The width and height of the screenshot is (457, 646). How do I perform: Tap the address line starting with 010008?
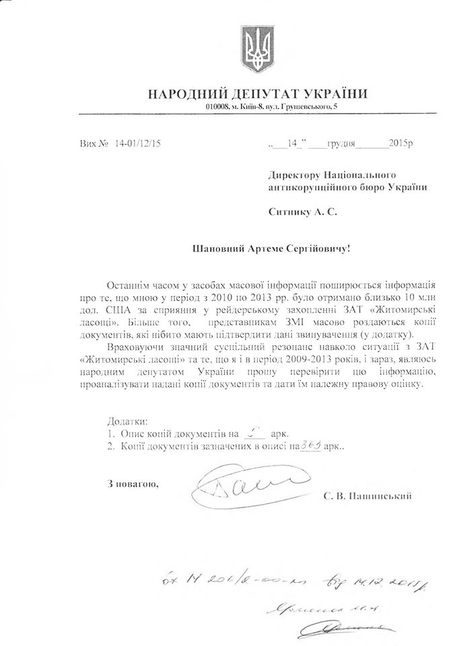(273, 107)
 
